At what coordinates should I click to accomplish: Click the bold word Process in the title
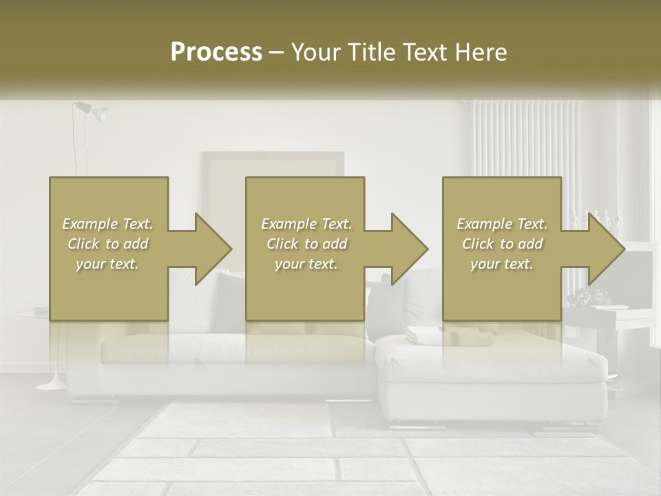216,52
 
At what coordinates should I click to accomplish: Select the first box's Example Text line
108,224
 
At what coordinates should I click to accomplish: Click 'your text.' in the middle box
306,264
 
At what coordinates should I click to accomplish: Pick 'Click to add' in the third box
503,244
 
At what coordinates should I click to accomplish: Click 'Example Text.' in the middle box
306,224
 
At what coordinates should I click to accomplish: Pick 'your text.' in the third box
502,264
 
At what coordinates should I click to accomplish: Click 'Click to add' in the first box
108,244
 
